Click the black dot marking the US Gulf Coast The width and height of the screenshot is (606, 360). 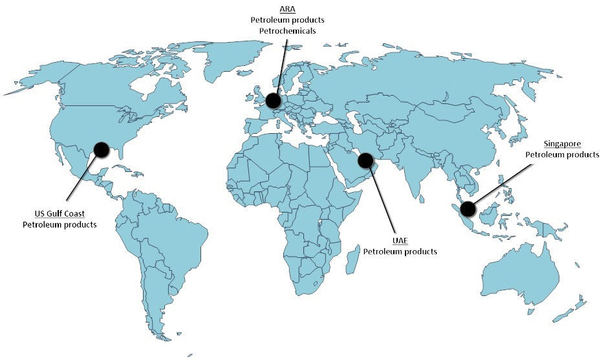tap(101, 150)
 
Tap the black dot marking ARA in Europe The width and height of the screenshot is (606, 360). tap(274, 100)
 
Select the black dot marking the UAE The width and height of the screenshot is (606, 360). tap(365, 160)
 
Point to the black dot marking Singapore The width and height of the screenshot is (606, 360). tap(468, 209)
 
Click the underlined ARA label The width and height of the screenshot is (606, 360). tap(287, 9)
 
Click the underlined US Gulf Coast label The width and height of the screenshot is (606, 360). tap(60, 214)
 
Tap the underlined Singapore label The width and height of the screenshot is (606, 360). tap(562, 143)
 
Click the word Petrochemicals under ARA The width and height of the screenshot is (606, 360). tap(287, 30)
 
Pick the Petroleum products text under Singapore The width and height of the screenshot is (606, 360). tap(562, 154)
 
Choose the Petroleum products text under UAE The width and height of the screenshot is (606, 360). tap(400, 251)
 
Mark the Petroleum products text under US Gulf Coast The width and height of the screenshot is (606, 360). tap(60, 225)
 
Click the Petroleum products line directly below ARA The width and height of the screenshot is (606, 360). tap(287, 20)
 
